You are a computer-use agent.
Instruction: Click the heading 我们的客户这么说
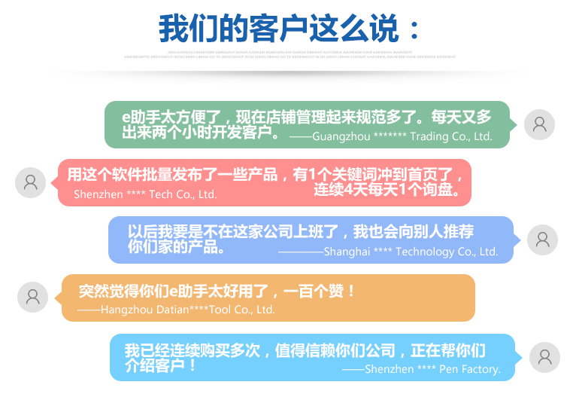(x=278, y=29)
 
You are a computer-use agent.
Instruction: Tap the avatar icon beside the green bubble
(x=539, y=124)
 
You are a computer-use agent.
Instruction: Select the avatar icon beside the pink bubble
(x=31, y=182)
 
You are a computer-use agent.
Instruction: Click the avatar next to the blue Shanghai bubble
(x=542, y=240)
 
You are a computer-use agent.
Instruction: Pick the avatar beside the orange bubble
(x=32, y=297)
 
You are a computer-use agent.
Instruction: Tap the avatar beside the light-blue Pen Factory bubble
(x=544, y=357)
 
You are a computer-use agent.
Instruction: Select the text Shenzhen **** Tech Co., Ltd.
(x=145, y=194)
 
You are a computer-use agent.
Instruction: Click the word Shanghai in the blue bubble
(x=347, y=252)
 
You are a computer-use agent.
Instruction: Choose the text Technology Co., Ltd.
(x=447, y=252)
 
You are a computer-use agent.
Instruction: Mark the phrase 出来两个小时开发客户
(x=202, y=133)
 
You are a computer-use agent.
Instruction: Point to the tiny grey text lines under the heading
(x=289, y=54)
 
